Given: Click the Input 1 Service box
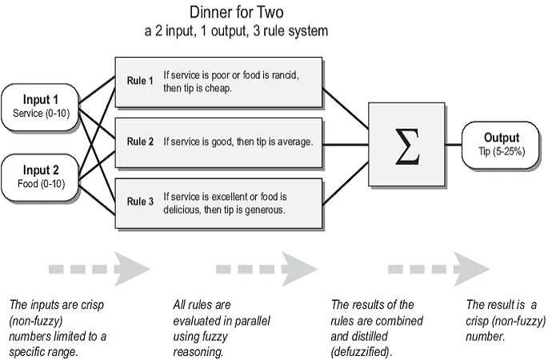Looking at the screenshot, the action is [x=40, y=106].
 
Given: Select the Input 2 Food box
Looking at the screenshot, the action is [x=40, y=177].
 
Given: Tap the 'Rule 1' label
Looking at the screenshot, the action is [x=140, y=81].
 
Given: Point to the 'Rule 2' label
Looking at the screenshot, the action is [x=140, y=142].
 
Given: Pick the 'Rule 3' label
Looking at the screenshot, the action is [x=140, y=202].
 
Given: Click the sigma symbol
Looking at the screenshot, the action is [x=406, y=146].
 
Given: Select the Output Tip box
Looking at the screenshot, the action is [x=501, y=145].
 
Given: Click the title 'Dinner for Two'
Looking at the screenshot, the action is [x=237, y=12].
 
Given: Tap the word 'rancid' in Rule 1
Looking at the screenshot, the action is [x=286, y=75].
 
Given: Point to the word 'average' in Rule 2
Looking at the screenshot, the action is [x=295, y=142].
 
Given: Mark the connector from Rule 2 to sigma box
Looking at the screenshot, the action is [x=346, y=145].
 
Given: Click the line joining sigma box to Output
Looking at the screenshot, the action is [x=454, y=145].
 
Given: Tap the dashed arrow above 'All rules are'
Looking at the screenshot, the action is [x=266, y=269].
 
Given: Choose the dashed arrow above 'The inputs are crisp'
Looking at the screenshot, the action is [x=99, y=269].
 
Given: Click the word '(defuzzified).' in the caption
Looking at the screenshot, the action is [x=361, y=352].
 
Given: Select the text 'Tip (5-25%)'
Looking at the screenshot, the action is [x=502, y=151].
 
